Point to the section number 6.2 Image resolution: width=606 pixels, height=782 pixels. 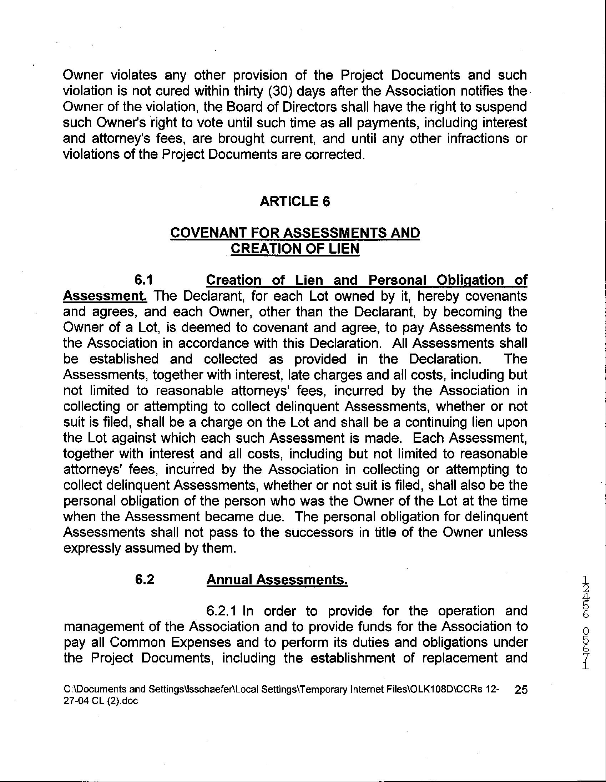point(144,579)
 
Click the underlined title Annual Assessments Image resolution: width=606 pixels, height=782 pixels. point(277,579)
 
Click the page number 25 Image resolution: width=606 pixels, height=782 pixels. point(520,690)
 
